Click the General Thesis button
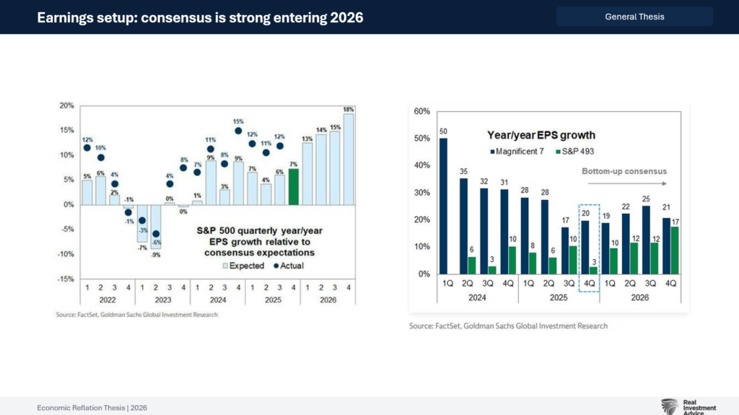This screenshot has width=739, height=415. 634,17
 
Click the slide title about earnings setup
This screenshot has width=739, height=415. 200,17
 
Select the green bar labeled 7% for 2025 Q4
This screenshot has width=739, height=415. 293,187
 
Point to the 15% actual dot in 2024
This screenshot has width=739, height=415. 238,131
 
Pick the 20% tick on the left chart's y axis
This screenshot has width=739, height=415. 66,105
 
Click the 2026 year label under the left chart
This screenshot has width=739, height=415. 328,298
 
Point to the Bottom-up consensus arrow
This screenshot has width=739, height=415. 624,172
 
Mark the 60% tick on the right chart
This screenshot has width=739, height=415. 421,112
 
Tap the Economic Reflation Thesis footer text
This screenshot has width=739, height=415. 92,408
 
